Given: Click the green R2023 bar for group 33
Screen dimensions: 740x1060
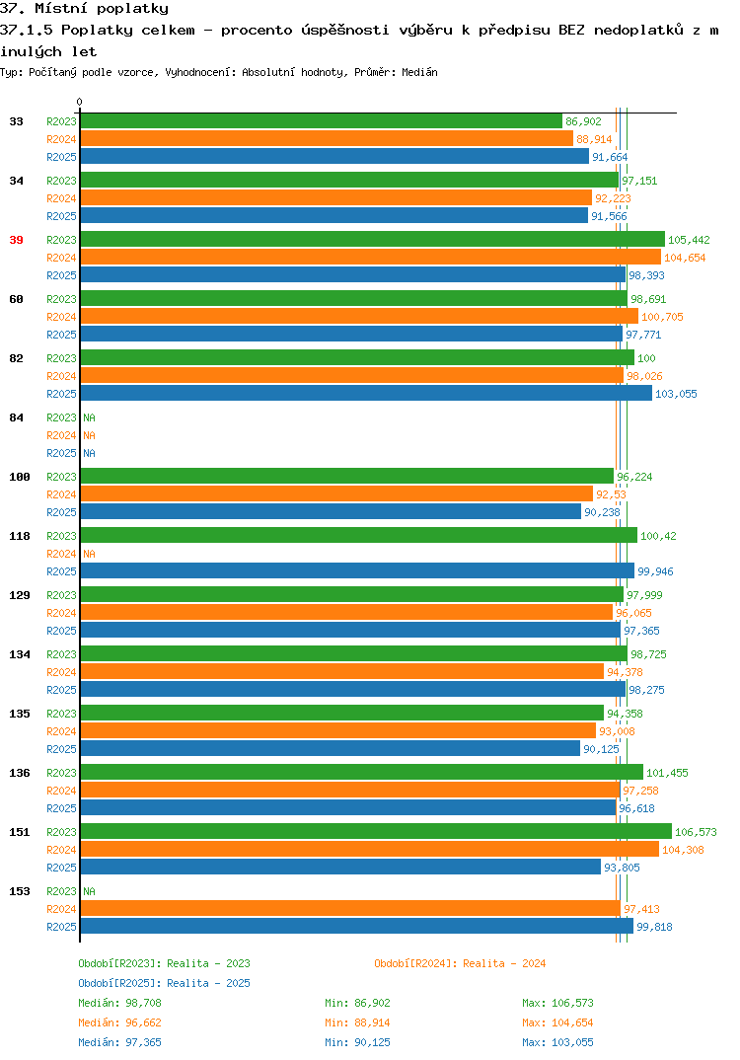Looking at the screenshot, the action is (321, 121).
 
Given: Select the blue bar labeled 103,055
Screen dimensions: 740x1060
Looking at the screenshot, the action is (366, 394).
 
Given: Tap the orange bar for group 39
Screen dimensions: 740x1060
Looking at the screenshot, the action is (370, 257).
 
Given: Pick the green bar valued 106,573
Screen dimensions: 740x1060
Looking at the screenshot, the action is (376, 831).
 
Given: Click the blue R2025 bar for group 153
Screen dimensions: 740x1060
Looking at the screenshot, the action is (357, 926).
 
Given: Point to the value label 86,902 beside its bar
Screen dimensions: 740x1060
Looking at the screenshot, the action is (583, 121).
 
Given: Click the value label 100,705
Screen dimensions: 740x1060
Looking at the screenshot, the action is (662, 317).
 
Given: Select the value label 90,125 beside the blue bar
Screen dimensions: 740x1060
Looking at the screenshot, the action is (601, 749).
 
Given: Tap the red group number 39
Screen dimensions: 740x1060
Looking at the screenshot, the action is (16, 240).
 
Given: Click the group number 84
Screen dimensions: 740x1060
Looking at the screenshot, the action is (16, 417).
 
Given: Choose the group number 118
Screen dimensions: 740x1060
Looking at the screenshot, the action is (20, 536).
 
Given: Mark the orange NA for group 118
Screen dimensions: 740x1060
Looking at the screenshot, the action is (89, 554).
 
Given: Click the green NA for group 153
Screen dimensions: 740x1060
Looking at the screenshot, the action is (89, 891).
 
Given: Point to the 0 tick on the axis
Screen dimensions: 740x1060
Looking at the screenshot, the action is (80, 102).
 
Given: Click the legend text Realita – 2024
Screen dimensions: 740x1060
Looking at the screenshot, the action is (505, 963).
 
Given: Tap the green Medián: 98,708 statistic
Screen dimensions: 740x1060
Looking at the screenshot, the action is (119, 1003).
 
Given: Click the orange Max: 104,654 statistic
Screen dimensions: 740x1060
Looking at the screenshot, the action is (557, 1022).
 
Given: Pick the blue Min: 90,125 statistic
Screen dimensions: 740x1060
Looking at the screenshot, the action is (357, 1042).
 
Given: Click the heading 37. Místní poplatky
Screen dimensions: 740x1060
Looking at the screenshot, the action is (85, 9).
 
